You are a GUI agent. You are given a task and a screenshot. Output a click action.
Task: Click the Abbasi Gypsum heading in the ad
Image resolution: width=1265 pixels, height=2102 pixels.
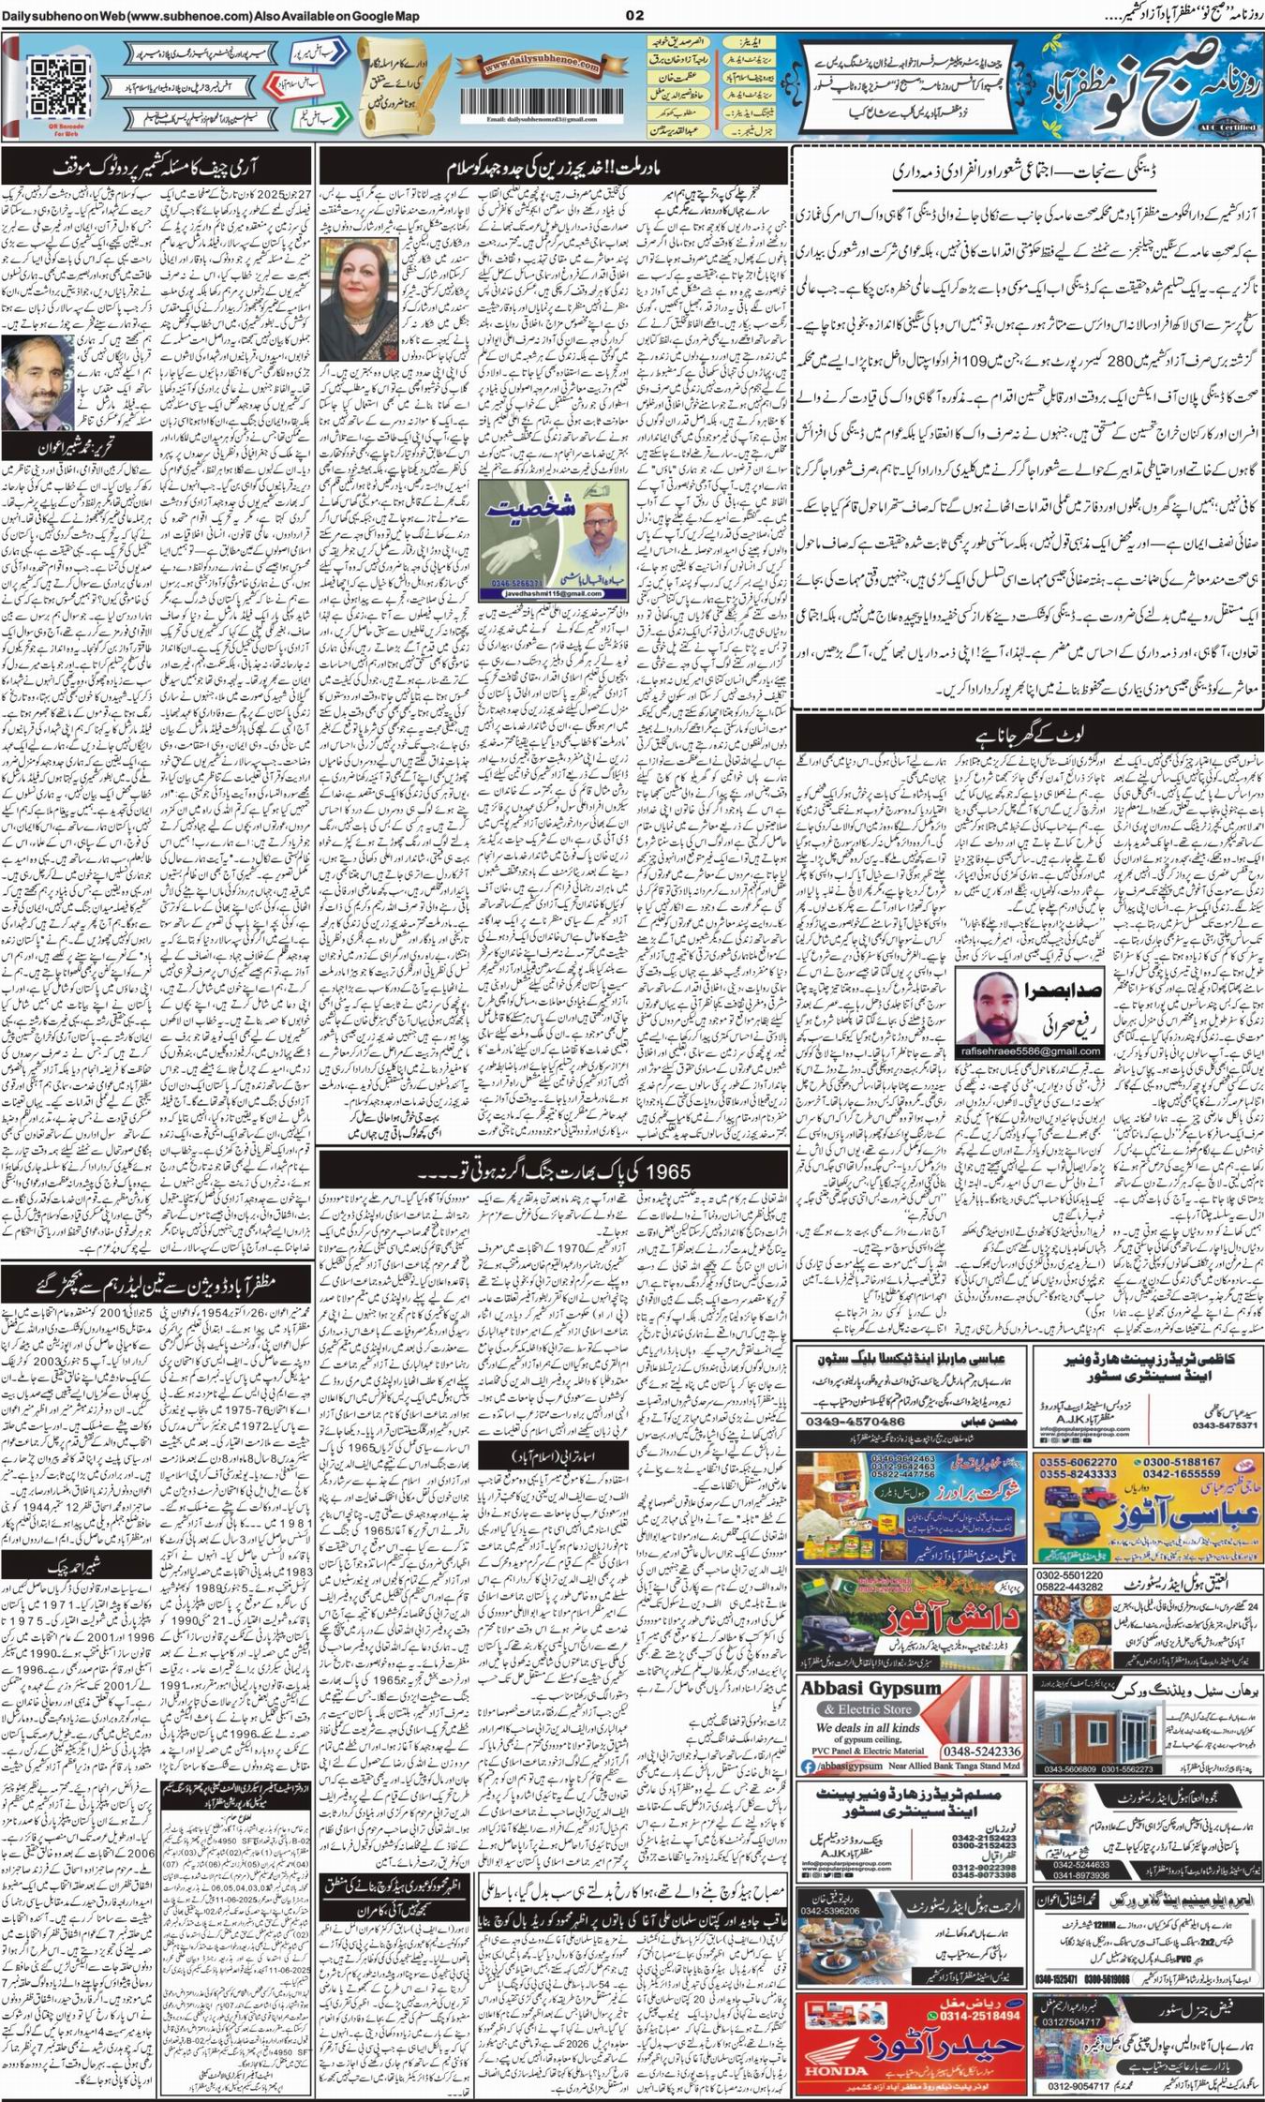[871, 1688]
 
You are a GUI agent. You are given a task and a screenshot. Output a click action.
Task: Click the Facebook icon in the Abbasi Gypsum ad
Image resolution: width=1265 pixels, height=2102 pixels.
[807, 1767]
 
